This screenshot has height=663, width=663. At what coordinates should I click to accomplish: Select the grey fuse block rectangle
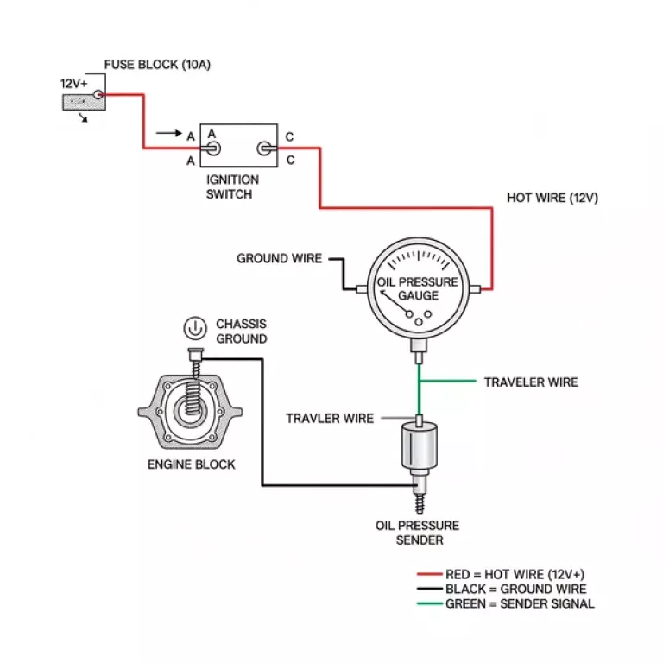tap(83, 102)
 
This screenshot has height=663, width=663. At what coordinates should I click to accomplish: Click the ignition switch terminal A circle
tap(212, 149)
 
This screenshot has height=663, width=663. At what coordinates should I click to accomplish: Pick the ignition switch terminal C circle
tap(265, 149)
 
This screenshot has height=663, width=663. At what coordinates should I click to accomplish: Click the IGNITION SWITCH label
tap(231, 186)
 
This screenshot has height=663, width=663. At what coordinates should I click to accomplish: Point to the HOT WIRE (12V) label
tap(552, 198)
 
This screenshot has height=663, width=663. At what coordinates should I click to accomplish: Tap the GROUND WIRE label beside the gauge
tap(279, 258)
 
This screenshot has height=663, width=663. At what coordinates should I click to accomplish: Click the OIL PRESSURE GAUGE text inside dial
tap(418, 289)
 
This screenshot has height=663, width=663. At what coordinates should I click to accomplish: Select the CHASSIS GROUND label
tap(241, 331)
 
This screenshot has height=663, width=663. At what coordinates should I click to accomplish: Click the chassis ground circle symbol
tap(195, 328)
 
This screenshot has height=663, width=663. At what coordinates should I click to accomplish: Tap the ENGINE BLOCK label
tap(191, 464)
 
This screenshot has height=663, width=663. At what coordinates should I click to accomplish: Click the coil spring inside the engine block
tap(195, 406)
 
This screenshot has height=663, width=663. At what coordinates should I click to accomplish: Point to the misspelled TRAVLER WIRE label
tap(330, 419)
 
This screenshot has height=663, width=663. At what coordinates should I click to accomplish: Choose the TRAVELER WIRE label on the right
tap(530, 382)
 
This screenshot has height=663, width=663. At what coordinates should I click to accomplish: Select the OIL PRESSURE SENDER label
tap(417, 533)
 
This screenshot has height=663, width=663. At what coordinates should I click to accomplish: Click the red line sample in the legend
tap(429, 574)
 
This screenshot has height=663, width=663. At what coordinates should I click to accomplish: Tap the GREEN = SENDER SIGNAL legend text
tap(519, 603)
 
